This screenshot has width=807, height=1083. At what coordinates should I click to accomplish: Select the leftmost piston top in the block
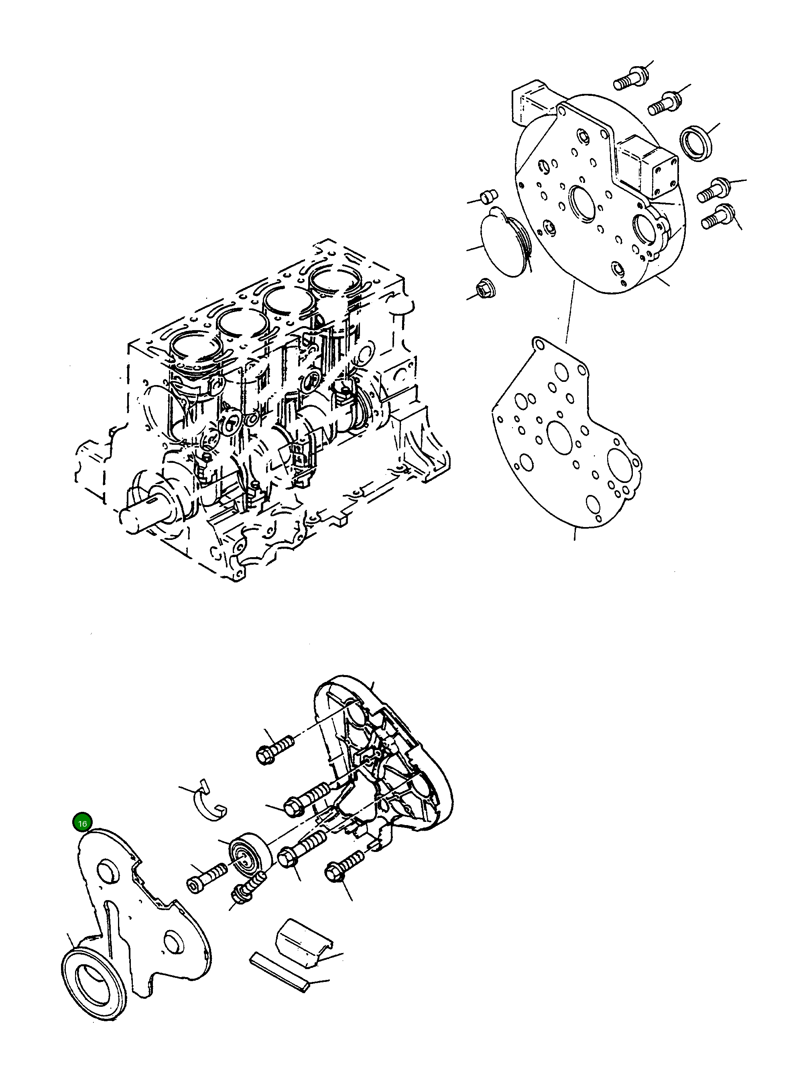point(194,349)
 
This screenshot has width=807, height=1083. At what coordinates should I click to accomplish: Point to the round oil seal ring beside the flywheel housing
point(697,142)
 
